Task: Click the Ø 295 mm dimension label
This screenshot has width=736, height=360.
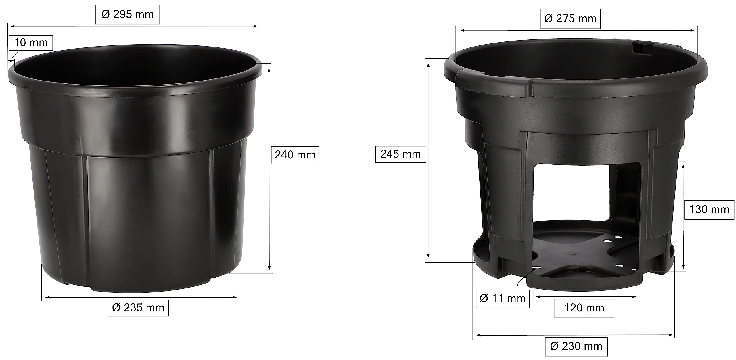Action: [x=127, y=14]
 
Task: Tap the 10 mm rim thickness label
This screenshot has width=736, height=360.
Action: [x=31, y=43]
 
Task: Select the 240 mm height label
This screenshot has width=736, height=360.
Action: [x=295, y=155]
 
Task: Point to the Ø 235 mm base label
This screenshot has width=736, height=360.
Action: [x=138, y=308]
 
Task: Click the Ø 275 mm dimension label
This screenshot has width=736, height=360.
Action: [x=570, y=19]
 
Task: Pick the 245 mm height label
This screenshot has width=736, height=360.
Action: [x=400, y=154]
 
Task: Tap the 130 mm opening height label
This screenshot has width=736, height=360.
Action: [x=709, y=210]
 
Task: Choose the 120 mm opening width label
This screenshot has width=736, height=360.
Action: [x=584, y=308]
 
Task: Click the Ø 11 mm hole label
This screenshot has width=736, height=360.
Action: [x=503, y=298]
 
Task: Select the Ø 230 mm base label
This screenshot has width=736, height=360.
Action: [x=576, y=346]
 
